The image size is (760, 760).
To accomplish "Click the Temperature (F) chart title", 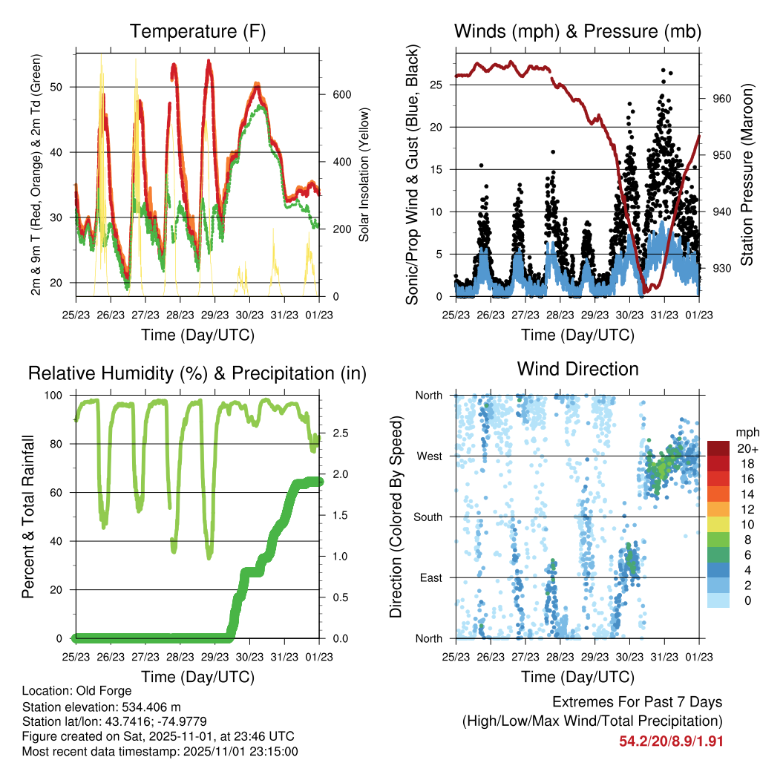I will [x=197, y=31].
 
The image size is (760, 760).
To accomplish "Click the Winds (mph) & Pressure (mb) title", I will [x=577, y=31].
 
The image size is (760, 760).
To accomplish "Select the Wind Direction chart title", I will [x=577, y=369].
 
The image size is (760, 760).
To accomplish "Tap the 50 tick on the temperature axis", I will [x=63, y=87].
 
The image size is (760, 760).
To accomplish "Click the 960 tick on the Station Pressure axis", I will [x=722, y=99].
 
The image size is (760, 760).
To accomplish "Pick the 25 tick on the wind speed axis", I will [x=442, y=85].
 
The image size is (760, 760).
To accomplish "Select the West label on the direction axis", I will [x=429, y=456].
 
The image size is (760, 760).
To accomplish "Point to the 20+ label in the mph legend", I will [x=746, y=448].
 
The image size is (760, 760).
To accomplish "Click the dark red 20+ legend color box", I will [x=718, y=448].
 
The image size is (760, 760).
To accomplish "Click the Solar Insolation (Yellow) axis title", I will [x=364, y=174].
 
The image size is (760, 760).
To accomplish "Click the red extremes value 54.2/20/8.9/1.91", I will [x=671, y=740].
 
